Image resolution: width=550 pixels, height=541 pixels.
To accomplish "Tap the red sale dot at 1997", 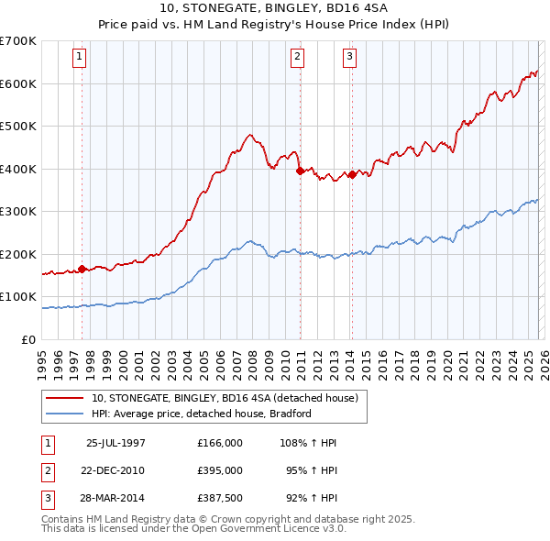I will [x=82, y=269].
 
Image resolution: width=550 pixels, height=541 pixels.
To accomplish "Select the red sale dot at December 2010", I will [x=299, y=171].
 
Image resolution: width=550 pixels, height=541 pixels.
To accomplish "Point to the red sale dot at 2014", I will [x=352, y=174].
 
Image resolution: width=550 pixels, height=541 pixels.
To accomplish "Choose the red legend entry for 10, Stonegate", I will [x=229, y=398].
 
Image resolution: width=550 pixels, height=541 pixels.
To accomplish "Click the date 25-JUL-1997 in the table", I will [x=115, y=443].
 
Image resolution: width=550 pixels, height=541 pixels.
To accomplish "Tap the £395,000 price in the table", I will [x=219, y=470].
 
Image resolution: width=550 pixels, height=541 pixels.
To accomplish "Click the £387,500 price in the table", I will [x=219, y=498].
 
